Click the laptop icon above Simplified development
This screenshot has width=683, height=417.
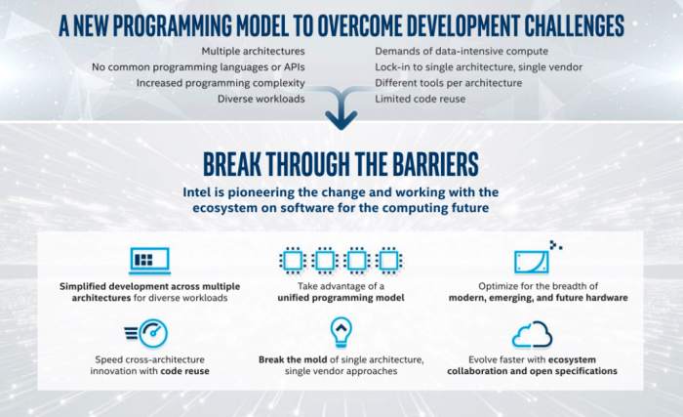(x=149, y=261)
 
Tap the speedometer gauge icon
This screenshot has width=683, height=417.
(x=146, y=333)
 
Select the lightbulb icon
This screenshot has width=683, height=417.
(x=341, y=332)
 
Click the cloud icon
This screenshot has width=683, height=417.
(x=533, y=335)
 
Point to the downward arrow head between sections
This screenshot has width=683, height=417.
(x=341, y=120)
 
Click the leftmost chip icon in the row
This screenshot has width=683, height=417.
(x=293, y=261)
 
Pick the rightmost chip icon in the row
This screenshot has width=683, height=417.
(x=389, y=261)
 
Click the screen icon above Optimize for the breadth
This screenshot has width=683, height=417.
(x=532, y=262)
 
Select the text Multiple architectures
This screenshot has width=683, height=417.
(x=253, y=51)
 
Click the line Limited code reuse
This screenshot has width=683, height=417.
(x=421, y=99)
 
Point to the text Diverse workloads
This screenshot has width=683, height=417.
(x=261, y=99)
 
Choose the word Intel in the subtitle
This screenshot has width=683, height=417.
(x=197, y=192)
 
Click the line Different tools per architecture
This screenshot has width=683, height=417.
(x=449, y=83)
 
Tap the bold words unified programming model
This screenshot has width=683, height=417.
(x=341, y=298)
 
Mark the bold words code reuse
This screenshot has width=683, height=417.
(x=185, y=371)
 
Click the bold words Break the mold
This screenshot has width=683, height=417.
(x=293, y=359)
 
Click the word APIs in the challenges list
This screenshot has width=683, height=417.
(x=295, y=67)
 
